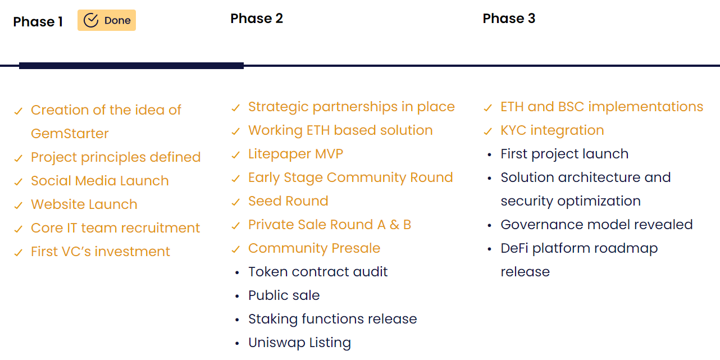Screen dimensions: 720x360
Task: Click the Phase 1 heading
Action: (38, 22)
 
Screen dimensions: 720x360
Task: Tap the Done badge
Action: (107, 20)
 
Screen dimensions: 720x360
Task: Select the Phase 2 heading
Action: (257, 19)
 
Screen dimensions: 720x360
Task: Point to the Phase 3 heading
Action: (509, 19)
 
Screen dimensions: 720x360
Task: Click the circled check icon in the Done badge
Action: (91, 20)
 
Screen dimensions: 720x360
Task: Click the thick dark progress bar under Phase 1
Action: (131, 66)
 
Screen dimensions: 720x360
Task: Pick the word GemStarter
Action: (70, 134)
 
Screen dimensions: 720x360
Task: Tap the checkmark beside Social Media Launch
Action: (19, 182)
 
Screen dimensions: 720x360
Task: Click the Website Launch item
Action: (84, 204)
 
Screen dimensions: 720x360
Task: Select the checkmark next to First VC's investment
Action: (19, 253)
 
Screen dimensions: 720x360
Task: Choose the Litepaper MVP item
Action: (296, 154)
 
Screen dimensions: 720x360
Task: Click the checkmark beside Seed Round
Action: (236, 202)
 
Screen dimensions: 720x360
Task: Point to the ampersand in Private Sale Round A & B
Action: (394, 225)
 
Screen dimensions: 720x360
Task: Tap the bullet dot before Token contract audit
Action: (237, 273)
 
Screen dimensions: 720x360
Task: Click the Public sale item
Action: (284, 295)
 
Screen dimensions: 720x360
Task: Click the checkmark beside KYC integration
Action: (488, 131)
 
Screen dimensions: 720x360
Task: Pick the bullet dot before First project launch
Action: (490, 155)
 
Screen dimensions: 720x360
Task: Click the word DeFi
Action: (514, 248)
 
